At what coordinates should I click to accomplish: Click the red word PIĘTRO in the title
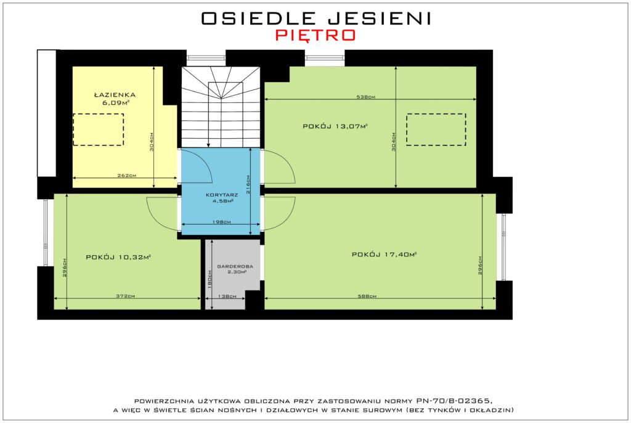(x=315, y=35)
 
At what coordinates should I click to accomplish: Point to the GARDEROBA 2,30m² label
(x=235, y=269)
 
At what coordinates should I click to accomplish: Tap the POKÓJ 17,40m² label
(x=384, y=254)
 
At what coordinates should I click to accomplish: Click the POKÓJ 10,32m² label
(x=118, y=257)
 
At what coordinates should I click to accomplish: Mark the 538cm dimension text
(x=366, y=97)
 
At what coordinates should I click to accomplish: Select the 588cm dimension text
(x=367, y=296)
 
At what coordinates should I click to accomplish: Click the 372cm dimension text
(x=126, y=296)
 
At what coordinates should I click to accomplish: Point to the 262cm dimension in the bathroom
(x=127, y=175)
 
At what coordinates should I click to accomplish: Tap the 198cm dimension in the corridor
(x=222, y=221)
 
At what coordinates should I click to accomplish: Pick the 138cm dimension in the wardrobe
(x=227, y=296)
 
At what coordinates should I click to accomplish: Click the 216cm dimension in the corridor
(x=248, y=184)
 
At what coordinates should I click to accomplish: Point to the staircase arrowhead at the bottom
(x=208, y=145)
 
